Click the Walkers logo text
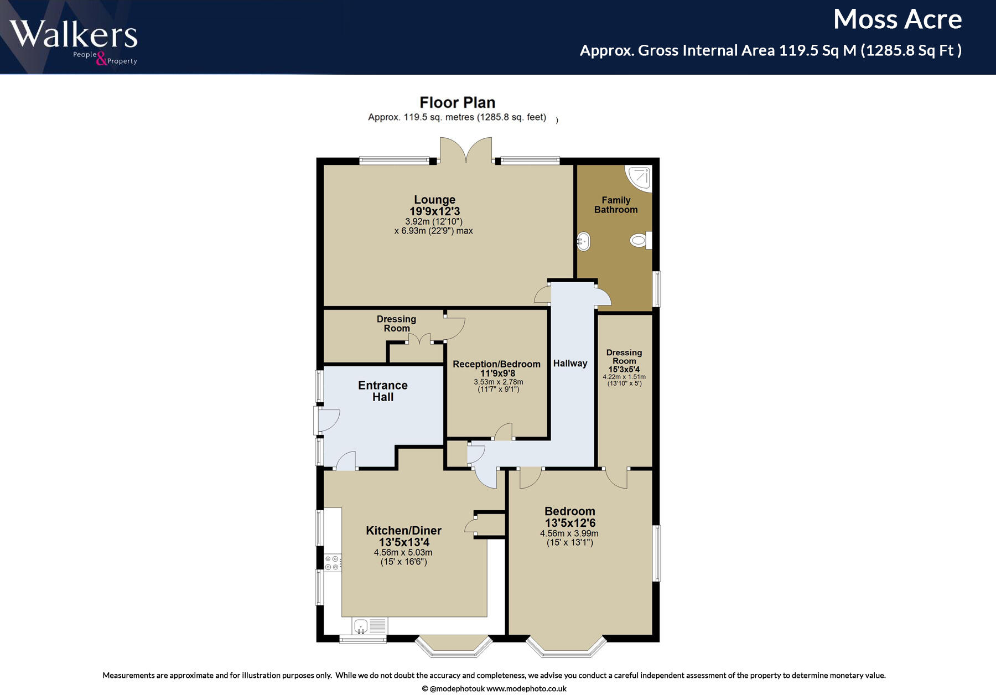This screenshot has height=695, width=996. (x=73, y=34)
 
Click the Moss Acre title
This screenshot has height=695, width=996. (x=897, y=20)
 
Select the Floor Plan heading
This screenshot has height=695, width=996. (x=457, y=102)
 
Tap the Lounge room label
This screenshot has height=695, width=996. (x=434, y=200)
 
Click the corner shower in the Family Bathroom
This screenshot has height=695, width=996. (x=640, y=177)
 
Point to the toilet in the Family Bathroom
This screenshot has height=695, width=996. (x=640, y=240)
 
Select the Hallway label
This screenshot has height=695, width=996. (x=570, y=364)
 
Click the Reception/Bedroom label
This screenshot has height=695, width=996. (x=496, y=364)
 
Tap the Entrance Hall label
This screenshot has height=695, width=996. (x=382, y=391)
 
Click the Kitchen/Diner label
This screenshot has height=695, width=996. (x=403, y=531)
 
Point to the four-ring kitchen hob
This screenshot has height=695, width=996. (x=332, y=563)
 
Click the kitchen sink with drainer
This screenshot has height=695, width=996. (x=370, y=626)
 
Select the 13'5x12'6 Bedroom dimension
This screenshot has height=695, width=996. (x=570, y=523)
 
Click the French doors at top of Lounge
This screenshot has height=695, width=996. (x=466, y=151)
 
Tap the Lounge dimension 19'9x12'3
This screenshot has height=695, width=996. (x=434, y=211)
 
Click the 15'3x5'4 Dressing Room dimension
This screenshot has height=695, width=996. (x=624, y=370)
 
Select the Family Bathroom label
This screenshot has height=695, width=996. (x=616, y=205)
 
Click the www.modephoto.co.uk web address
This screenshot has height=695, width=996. (x=526, y=689)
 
